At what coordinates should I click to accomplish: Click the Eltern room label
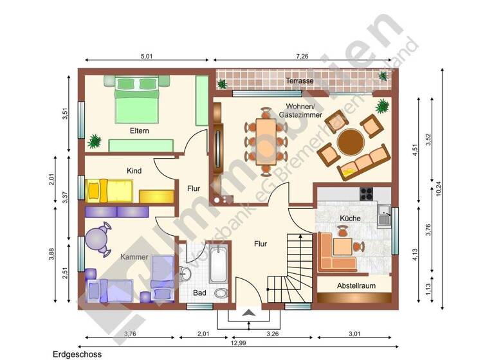[140, 130]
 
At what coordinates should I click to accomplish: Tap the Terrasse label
[300, 81]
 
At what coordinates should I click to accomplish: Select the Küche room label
[351, 219]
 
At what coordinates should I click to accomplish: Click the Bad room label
[199, 293]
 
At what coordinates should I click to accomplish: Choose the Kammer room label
[134, 257]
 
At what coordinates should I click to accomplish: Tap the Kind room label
[134, 171]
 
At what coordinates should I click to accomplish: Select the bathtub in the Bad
[217, 263]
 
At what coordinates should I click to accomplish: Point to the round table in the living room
[351, 142]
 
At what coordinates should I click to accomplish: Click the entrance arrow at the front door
[249, 312]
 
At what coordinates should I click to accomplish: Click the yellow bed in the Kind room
[109, 190]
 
